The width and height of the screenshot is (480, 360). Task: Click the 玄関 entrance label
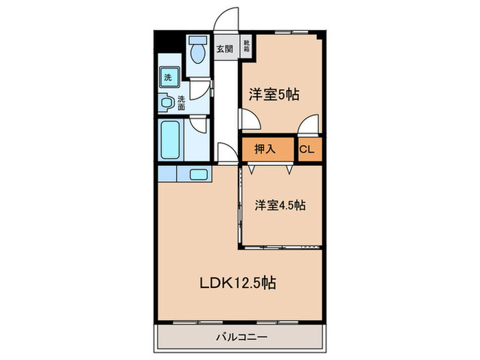[x=224, y=49]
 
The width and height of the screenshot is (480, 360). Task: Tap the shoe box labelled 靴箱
[x=245, y=49]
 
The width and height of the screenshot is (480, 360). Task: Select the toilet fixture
[x=199, y=51]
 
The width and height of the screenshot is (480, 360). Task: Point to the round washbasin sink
[x=168, y=104]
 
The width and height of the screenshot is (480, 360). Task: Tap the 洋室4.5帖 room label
[x=280, y=205]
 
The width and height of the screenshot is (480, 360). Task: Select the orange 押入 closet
[x=265, y=148]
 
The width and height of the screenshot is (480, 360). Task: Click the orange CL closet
[x=307, y=149]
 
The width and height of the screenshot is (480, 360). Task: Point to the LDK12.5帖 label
[x=238, y=282]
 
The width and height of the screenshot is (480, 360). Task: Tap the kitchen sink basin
[x=200, y=174]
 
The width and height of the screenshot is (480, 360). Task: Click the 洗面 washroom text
[x=181, y=102]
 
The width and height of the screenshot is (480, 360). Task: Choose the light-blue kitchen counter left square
[x=166, y=174]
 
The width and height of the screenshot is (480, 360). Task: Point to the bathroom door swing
[x=200, y=125]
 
